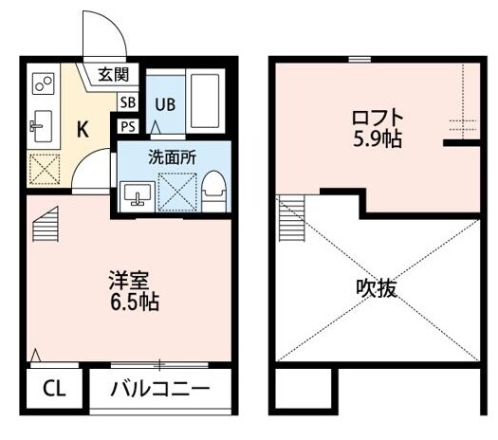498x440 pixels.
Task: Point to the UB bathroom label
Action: click(164, 103)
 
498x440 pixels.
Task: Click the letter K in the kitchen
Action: click(83, 131)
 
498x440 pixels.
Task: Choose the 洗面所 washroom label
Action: click(172, 157)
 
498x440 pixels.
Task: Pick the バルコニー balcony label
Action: click(160, 388)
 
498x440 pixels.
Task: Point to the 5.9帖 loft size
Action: click(377, 140)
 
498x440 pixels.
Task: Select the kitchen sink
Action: click(41, 122)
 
